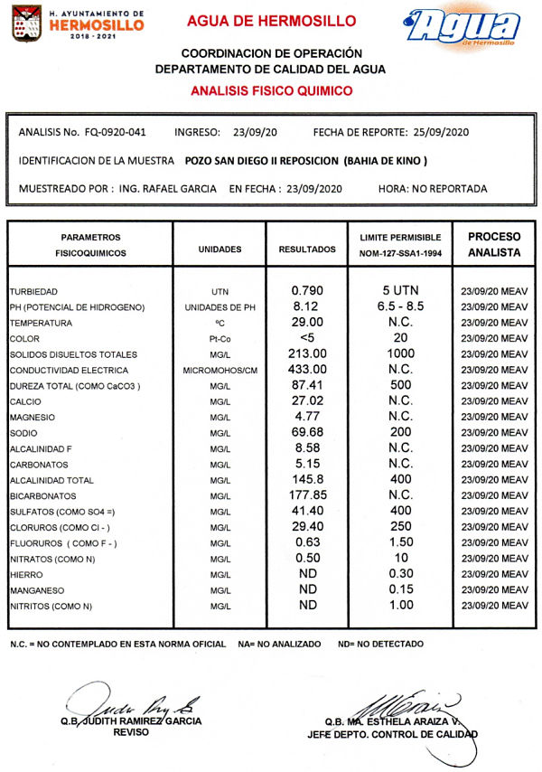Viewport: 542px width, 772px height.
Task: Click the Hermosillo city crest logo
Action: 26,25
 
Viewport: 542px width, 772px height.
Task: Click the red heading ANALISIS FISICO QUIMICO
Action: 271,91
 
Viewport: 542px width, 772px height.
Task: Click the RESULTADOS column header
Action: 307,249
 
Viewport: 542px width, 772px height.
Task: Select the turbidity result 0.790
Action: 307,291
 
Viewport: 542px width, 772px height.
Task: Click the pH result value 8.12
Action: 307,307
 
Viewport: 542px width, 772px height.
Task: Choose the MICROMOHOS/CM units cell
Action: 220,371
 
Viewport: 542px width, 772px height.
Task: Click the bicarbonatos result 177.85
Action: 307,495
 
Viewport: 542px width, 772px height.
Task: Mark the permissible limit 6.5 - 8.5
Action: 400,307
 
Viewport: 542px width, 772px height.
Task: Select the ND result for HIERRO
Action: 307,574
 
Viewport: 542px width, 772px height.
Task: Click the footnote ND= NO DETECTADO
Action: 379,645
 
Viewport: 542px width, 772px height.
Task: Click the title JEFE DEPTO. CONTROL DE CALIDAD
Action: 392,735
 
